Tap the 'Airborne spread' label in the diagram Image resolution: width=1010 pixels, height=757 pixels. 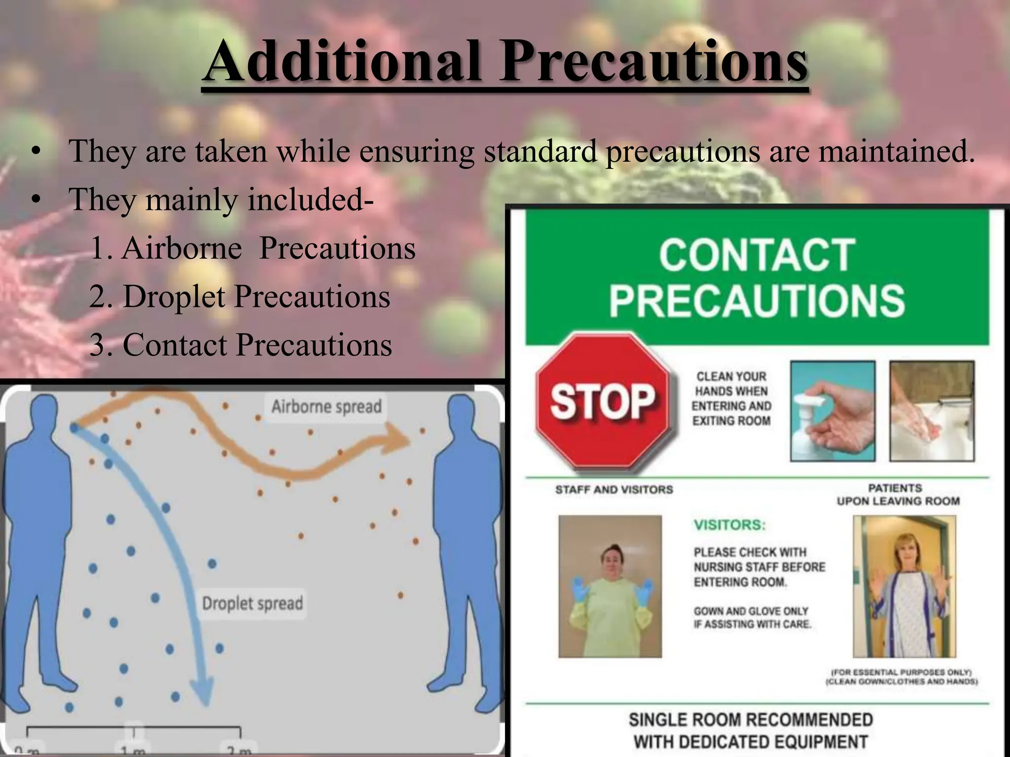tap(326, 407)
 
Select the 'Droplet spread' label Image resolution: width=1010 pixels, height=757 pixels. tap(252, 603)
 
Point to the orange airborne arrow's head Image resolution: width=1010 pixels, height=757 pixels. tap(399, 438)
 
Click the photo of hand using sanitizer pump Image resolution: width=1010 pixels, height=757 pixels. tap(832, 411)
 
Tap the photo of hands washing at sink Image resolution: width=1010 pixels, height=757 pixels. tap(932, 411)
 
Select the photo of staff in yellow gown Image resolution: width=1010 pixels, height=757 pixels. tap(610, 586)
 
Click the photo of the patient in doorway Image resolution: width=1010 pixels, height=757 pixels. tap(904, 586)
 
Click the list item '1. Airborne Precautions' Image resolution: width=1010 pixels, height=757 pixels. tap(253, 248)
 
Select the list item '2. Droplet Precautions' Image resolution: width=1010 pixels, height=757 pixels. tap(240, 296)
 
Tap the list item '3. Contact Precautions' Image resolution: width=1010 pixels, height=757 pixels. tap(241, 344)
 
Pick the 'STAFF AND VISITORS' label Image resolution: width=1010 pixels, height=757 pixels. tap(614, 489)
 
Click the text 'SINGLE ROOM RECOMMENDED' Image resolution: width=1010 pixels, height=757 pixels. tap(751, 720)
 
